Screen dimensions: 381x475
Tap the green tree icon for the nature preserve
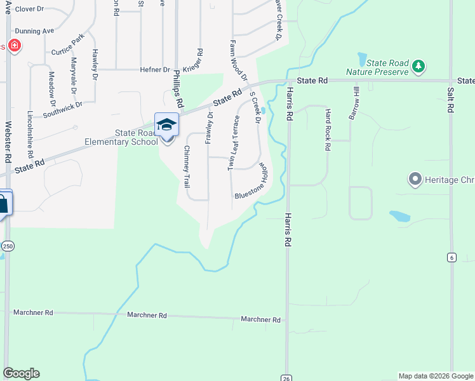(x=418, y=65)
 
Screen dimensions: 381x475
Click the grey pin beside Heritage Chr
(x=416, y=179)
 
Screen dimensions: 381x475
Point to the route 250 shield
(x=8, y=246)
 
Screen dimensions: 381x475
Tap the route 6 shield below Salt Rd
(x=451, y=257)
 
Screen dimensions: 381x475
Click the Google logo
(x=21, y=373)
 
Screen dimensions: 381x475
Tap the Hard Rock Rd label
(x=328, y=130)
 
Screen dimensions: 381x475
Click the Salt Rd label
(x=450, y=100)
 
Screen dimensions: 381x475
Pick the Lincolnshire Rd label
(x=30, y=135)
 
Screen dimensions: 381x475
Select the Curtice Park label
(x=68, y=45)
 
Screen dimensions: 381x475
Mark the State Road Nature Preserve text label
(x=377, y=67)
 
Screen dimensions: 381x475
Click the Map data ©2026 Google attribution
(x=435, y=376)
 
